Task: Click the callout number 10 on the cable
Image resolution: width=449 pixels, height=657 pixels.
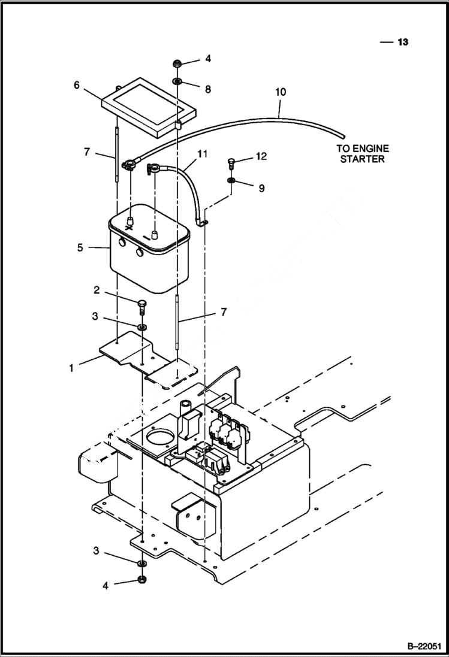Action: [281, 92]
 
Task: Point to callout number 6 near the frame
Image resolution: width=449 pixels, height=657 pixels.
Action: [77, 85]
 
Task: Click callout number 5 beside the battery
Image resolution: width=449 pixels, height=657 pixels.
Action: [80, 246]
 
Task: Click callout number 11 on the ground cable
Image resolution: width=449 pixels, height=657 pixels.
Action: [203, 154]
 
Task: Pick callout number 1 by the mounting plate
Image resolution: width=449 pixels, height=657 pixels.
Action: [71, 368]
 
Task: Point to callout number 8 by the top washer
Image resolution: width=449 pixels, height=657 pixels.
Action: [208, 89]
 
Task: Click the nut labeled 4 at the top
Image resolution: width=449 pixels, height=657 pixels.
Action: [179, 62]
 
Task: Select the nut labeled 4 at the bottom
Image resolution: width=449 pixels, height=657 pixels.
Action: [143, 579]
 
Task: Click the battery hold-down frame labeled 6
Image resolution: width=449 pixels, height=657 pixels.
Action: [149, 106]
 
